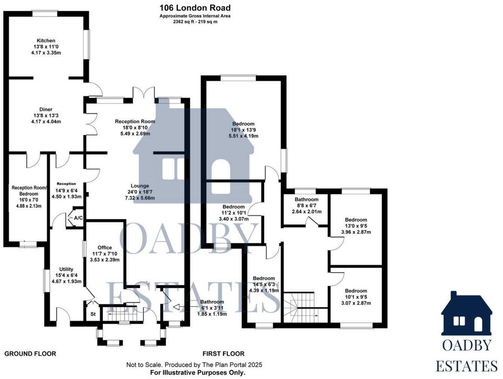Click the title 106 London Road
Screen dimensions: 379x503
coord(195,8)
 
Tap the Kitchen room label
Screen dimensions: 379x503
coord(46,41)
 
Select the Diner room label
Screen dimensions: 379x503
coord(46,109)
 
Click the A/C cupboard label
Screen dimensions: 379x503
coord(78,218)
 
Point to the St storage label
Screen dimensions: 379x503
coord(93,314)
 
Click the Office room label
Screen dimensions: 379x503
coord(105,247)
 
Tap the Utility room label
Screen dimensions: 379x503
coord(66,269)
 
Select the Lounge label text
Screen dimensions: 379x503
coord(140,186)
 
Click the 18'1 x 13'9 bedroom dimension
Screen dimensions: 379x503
coord(243,130)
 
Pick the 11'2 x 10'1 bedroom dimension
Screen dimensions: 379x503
coord(233,213)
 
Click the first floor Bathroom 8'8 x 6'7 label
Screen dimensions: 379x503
coord(306,199)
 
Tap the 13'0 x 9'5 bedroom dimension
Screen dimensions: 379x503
coord(356,226)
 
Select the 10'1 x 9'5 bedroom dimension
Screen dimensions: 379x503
coord(356,297)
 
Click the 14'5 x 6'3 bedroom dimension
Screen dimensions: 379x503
coord(264,285)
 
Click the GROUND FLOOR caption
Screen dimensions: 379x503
coord(30,354)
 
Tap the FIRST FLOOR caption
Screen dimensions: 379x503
coord(223,354)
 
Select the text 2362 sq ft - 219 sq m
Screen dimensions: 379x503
coord(195,22)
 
